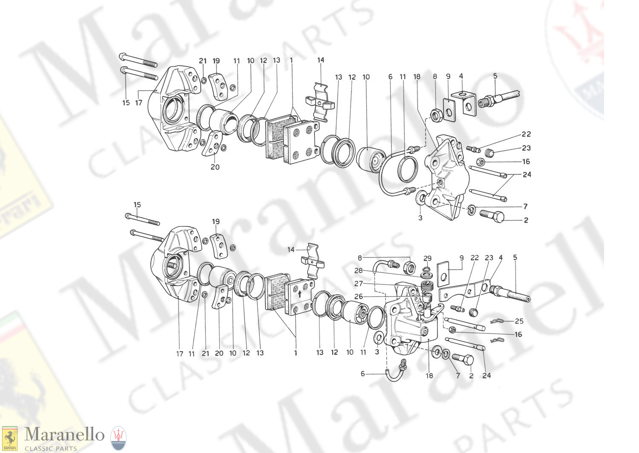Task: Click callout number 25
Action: click(x=519, y=321)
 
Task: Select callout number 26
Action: click(x=359, y=296)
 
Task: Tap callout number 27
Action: click(x=359, y=284)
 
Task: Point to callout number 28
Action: click(x=359, y=271)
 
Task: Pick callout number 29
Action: click(x=427, y=258)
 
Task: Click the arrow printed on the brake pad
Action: click(x=299, y=293)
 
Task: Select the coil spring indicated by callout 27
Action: click(x=426, y=285)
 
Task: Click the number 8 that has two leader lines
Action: click(x=360, y=258)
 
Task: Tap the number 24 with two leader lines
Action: click(x=527, y=174)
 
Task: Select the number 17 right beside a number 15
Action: click(x=138, y=103)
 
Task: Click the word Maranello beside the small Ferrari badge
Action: click(x=64, y=435)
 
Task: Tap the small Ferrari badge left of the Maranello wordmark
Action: click(x=9, y=438)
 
